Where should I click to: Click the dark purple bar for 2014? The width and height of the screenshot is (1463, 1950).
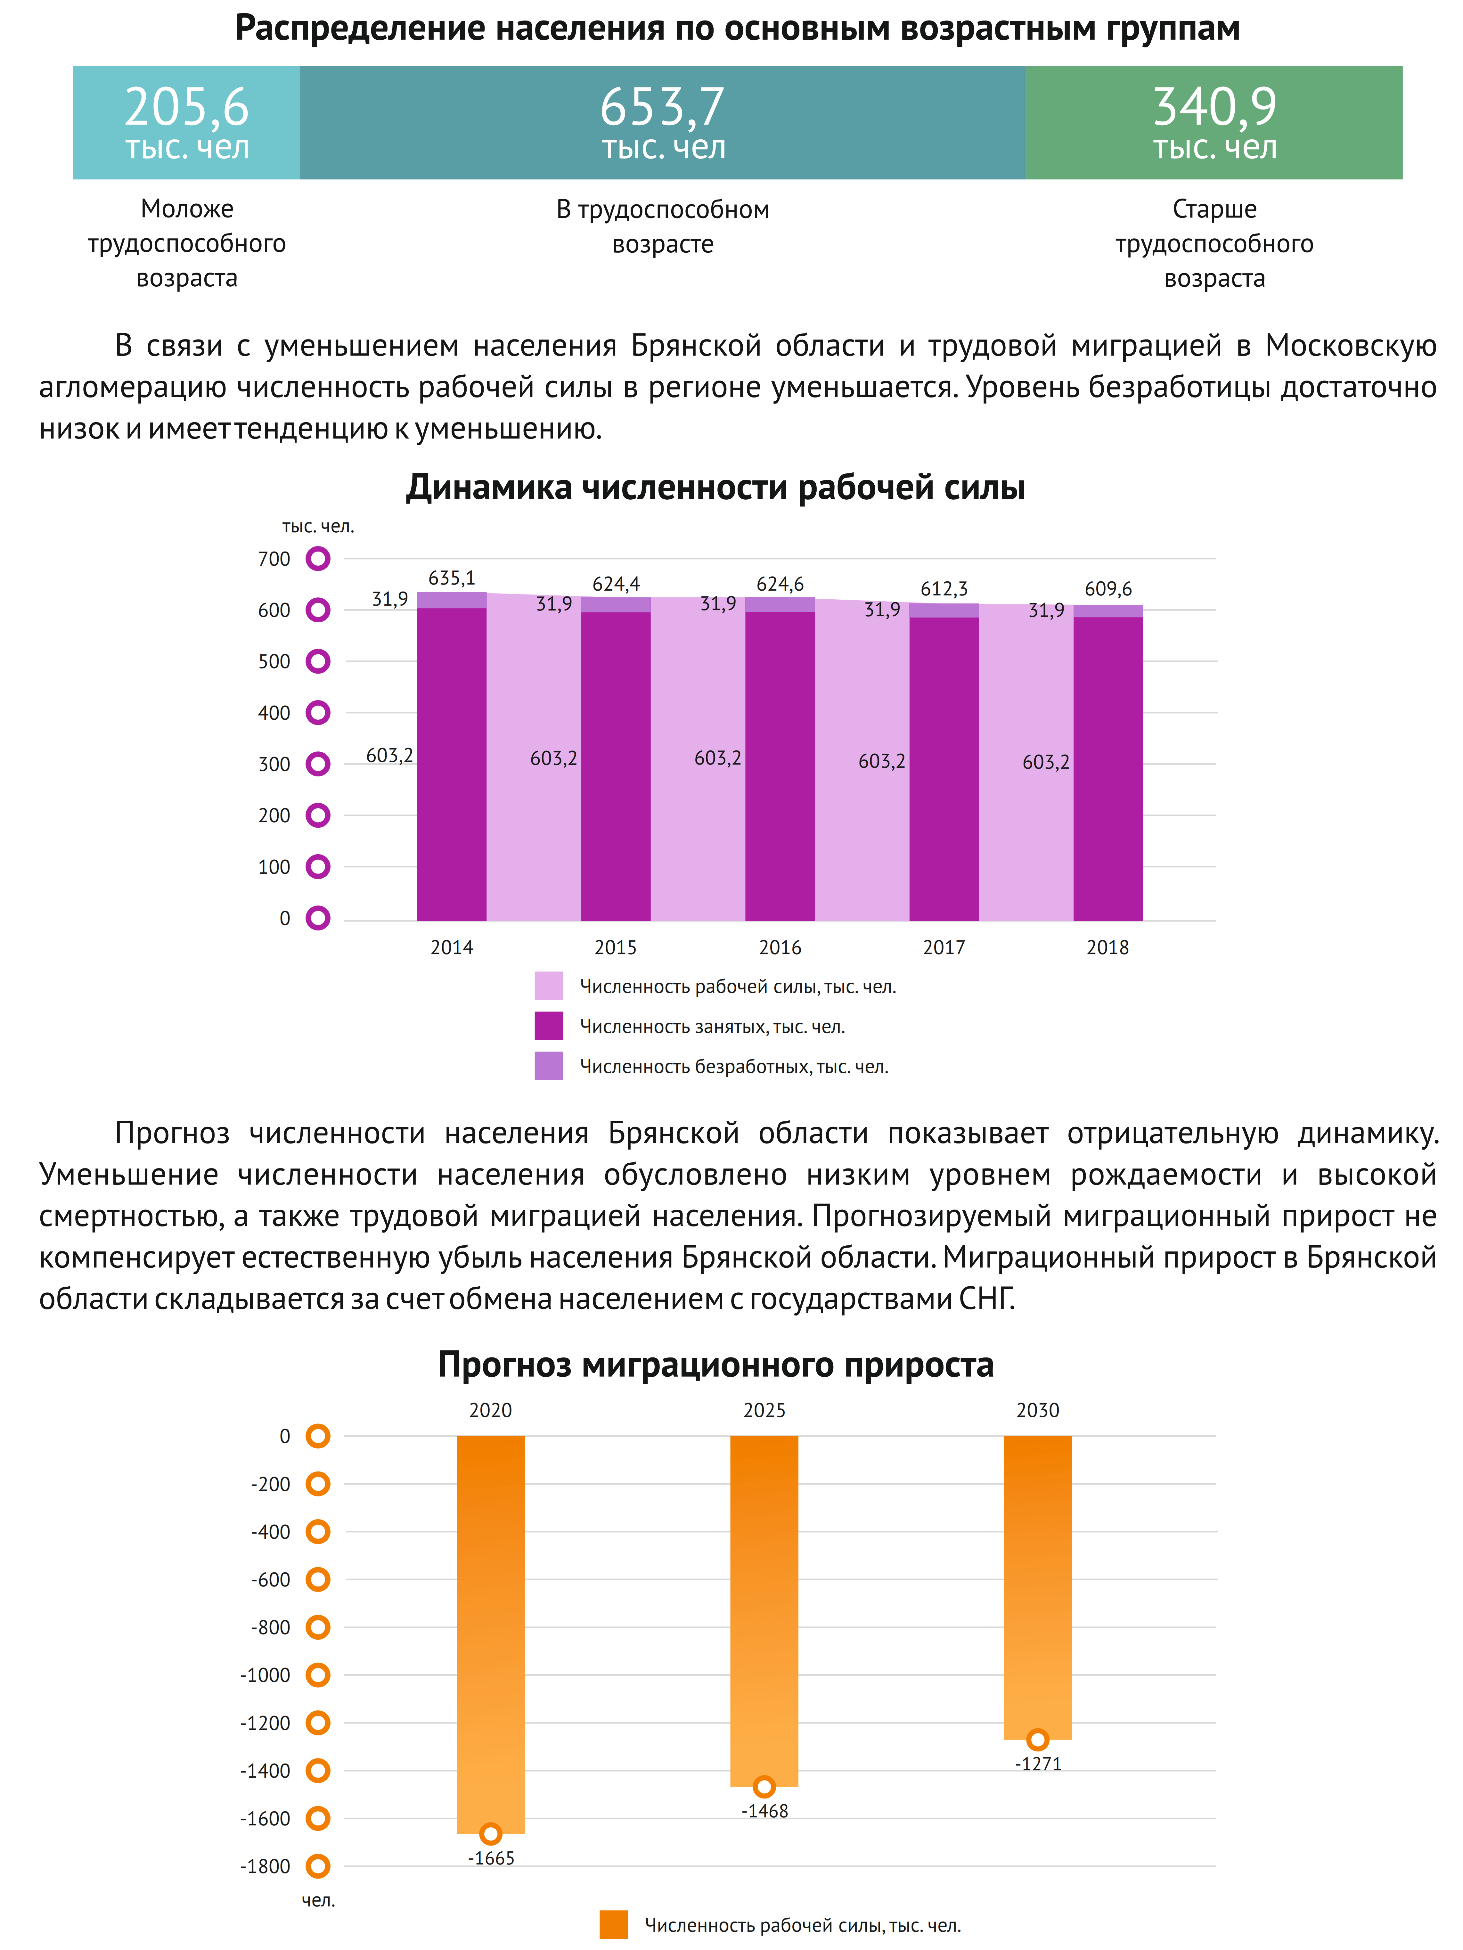pos(451,764)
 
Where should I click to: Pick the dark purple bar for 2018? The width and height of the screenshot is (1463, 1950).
pos(1108,769)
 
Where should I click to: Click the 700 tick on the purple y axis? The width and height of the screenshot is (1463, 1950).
pos(274,559)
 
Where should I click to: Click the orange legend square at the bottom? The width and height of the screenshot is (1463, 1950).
pos(613,1924)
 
